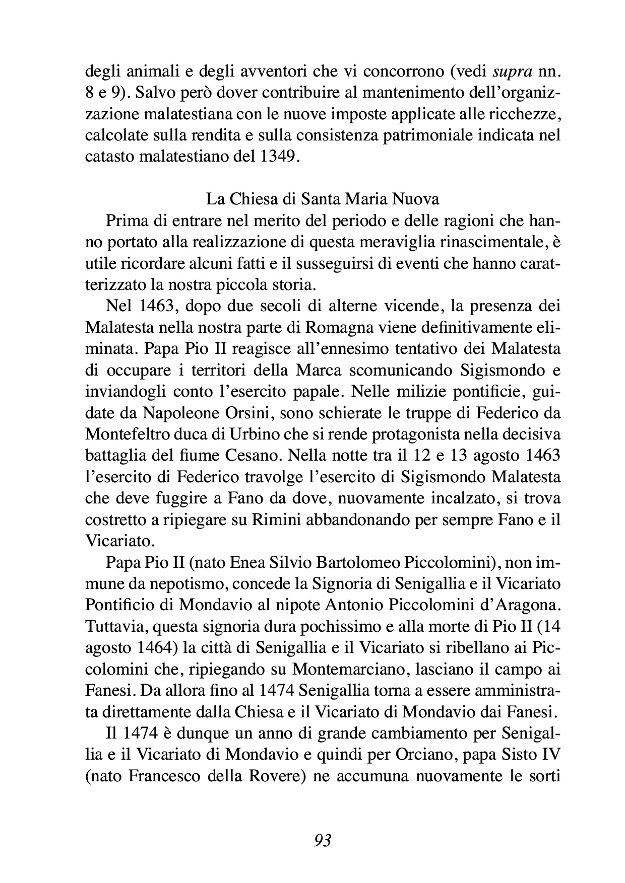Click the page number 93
(323, 840)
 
